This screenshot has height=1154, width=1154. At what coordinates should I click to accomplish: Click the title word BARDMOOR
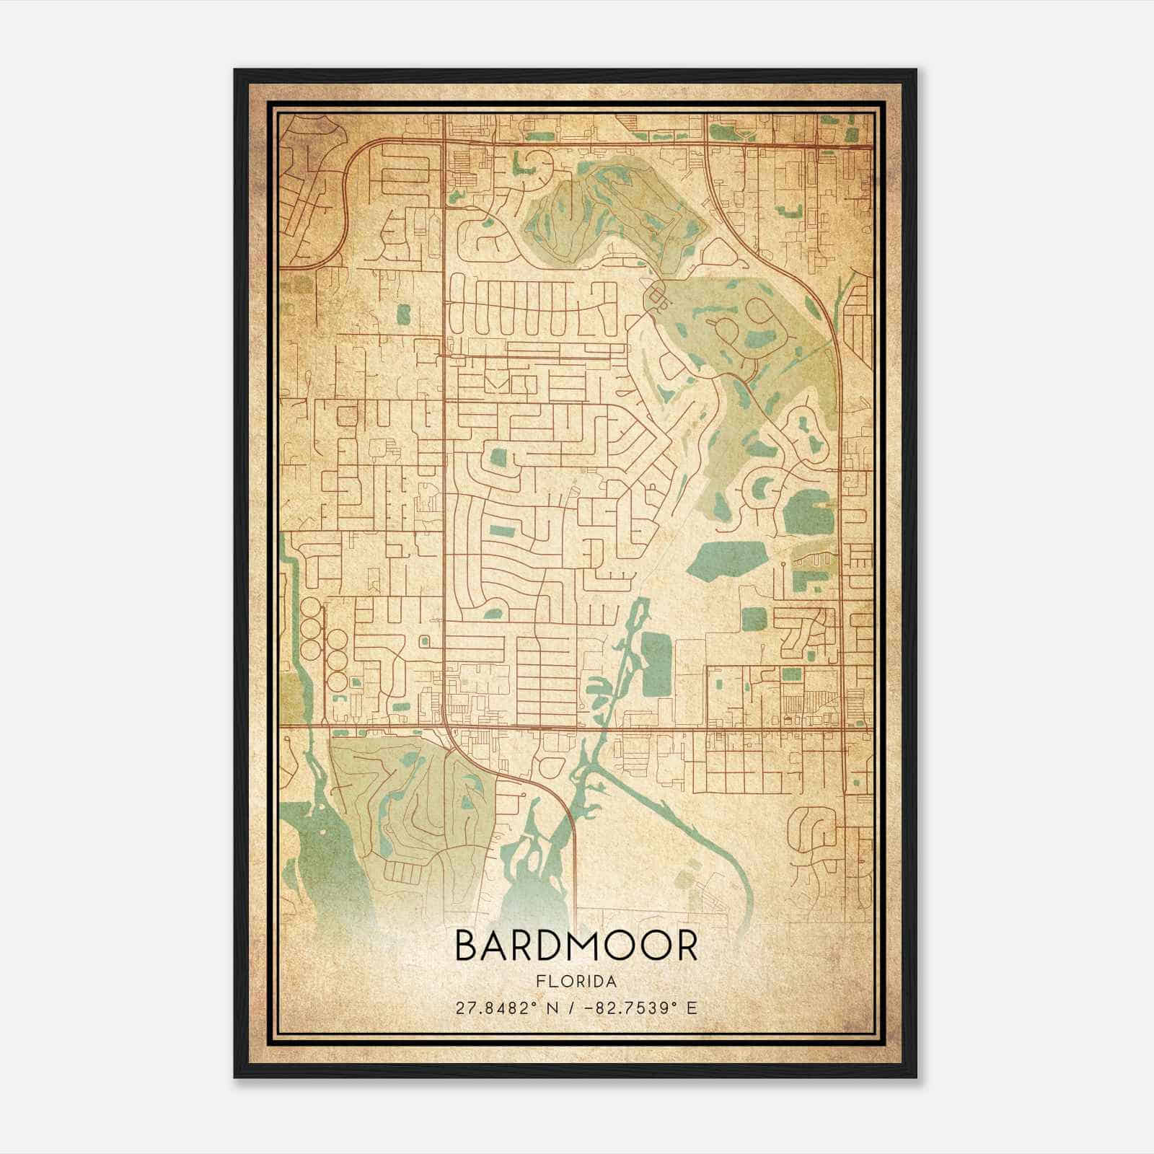pyautogui.click(x=576, y=946)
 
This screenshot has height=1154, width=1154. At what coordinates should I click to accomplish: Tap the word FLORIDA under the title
pyautogui.click(x=576, y=982)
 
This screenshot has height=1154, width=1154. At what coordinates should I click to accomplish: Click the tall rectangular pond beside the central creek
pyautogui.click(x=655, y=661)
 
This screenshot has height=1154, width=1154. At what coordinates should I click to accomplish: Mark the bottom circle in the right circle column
pyautogui.click(x=337, y=679)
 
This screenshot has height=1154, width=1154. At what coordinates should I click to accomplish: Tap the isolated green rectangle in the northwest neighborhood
pyautogui.click(x=402, y=313)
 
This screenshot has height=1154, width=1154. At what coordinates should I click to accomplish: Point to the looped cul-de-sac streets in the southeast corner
pyautogui.click(x=815, y=829)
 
